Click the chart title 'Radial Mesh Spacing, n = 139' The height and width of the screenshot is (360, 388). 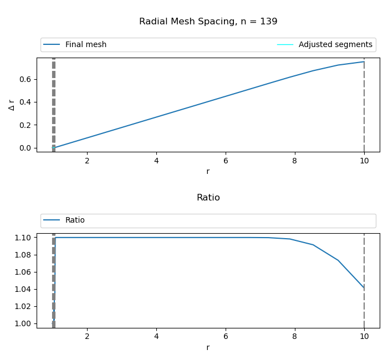(208, 22)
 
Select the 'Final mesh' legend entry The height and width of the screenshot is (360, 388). (85, 45)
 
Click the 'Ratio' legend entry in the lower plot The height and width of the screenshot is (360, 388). (75, 220)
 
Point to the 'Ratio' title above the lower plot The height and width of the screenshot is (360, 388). (208, 198)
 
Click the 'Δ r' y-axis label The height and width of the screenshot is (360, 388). (12, 105)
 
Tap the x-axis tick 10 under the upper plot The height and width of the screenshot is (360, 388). (364, 161)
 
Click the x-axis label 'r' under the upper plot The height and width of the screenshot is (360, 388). (208, 171)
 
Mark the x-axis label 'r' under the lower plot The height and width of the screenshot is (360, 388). (208, 347)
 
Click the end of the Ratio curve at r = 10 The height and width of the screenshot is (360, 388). (364, 288)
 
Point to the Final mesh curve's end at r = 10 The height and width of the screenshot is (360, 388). (364, 61)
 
